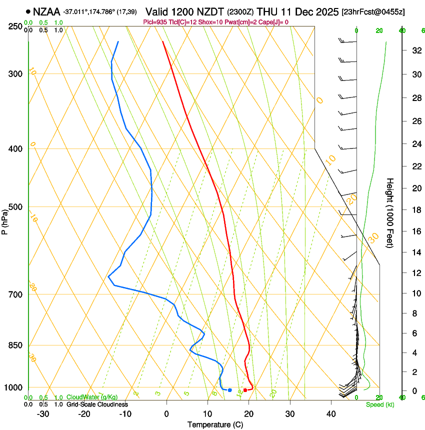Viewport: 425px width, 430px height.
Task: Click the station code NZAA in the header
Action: click(47, 11)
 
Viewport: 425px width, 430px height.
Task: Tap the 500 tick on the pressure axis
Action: click(15, 207)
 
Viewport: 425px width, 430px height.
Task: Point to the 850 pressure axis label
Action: click(15, 345)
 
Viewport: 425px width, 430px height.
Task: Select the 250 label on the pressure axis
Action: click(15, 26)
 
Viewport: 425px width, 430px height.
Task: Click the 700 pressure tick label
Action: click(15, 294)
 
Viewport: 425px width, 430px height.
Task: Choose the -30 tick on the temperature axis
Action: click(43, 413)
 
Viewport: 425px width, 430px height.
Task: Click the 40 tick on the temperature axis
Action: click(331, 413)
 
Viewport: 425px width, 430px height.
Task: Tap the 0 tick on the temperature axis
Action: click(166, 413)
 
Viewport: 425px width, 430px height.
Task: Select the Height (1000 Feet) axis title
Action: click(390, 212)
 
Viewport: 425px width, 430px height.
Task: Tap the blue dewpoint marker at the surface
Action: click(229, 390)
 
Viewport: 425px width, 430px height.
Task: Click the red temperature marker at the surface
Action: click(245, 390)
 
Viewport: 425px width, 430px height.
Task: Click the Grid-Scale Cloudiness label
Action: click(97, 404)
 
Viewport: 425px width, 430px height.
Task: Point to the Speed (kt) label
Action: click(380, 404)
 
